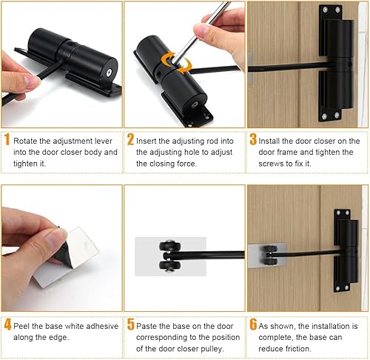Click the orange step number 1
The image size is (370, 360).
click(7, 139)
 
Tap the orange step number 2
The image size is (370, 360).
click(130, 139)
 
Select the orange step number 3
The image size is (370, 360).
click(253, 139)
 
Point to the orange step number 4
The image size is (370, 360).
click(8, 324)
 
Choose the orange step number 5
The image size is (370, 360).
click(131, 324)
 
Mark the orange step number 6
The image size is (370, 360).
click(253, 324)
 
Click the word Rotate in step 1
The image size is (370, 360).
click(25, 141)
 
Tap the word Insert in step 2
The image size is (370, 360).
click(147, 141)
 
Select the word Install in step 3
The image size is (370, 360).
click(269, 141)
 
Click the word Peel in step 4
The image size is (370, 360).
click(21, 326)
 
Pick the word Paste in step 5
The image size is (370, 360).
click(147, 326)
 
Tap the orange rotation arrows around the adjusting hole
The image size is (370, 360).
click(176, 62)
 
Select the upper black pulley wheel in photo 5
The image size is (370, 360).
click(170, 247)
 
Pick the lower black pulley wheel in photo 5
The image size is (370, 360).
click(170, 266)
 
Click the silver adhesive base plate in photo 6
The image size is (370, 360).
click(266, 256)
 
